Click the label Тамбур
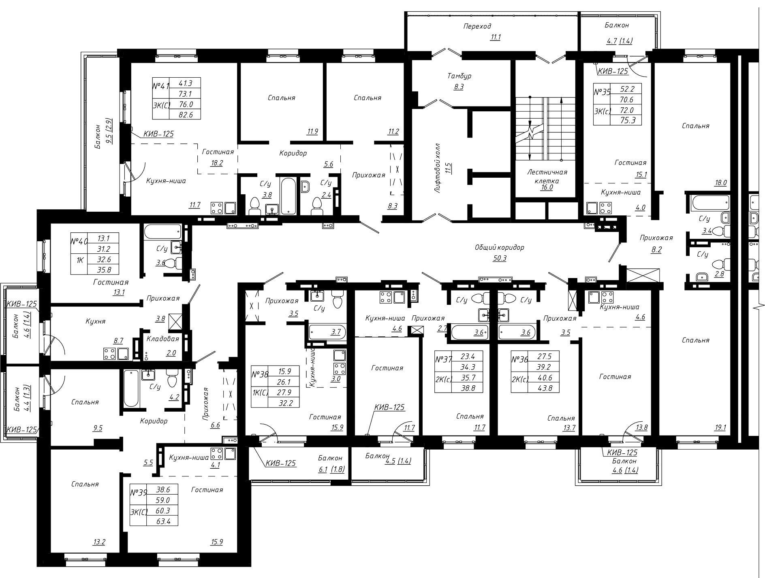tap(459, 76)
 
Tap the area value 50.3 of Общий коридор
tap(499, 258)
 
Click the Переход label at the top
tap(477, 26)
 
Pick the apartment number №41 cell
tap(160, 87)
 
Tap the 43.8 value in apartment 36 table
tap(543, 388)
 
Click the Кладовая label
tap(163, 339)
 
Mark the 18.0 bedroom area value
tap(720, 183)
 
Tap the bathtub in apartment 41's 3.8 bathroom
tap(288, 195)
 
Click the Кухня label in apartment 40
tap(96, 321)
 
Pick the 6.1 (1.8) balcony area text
tap(332, 470)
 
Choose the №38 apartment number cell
tap(260, 375)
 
